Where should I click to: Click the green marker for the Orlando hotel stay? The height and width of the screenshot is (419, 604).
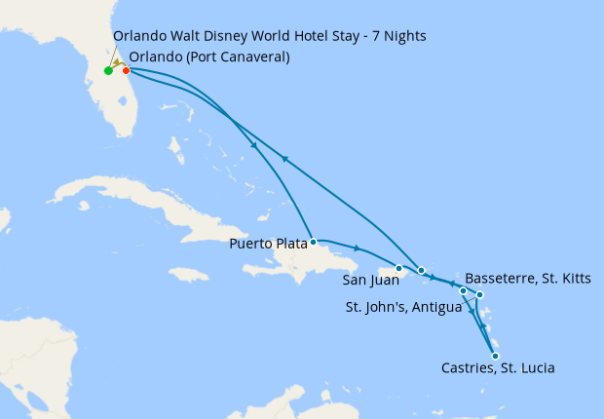point(108,70)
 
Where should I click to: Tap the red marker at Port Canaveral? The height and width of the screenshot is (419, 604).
point(126,70)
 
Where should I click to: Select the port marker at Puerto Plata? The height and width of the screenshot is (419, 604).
point(313,242)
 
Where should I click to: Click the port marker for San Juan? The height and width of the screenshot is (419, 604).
point(398,268)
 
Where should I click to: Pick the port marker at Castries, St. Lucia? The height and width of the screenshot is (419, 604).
point(496,356)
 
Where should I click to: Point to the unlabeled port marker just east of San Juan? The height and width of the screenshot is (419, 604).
point(421,270)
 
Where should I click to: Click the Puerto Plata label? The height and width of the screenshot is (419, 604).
point(269,243)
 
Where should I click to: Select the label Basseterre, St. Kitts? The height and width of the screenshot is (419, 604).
point(528,279)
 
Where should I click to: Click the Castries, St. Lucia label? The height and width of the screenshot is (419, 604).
point(499,368)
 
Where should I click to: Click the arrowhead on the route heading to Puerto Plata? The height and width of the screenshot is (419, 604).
point(254,147)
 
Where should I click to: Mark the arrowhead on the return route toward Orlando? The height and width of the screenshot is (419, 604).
point(283,159)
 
